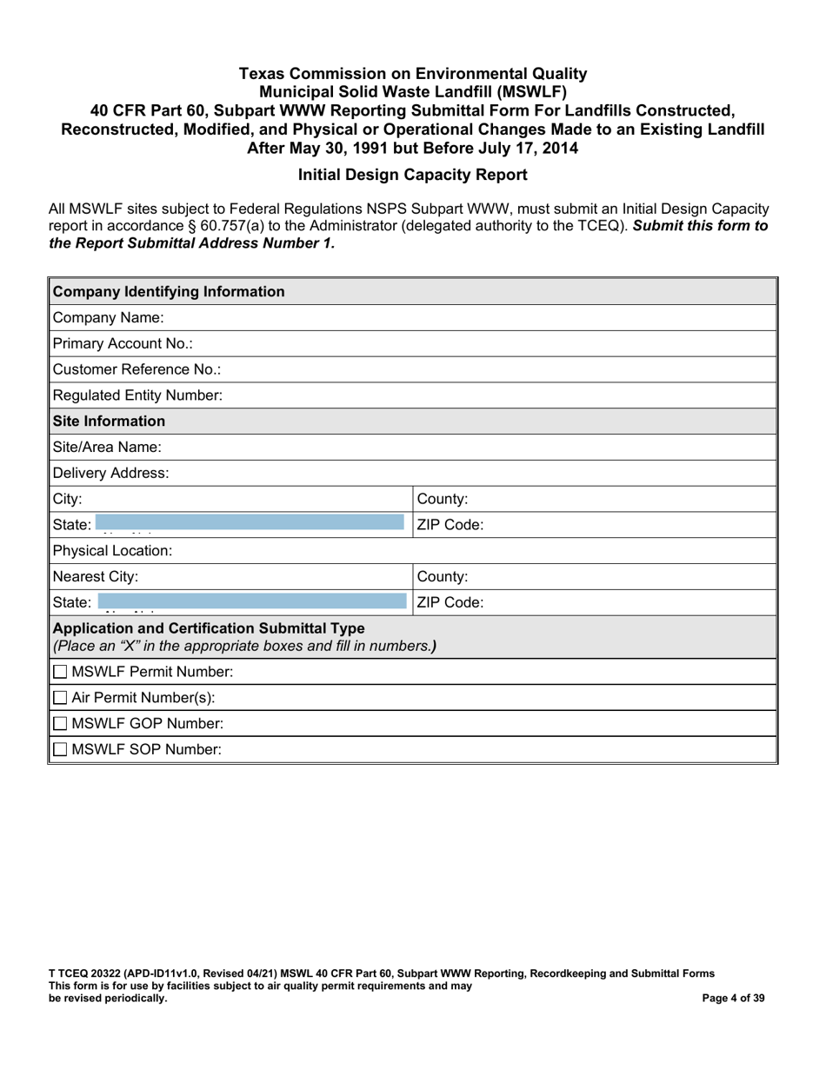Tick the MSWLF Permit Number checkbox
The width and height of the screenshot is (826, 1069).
60,672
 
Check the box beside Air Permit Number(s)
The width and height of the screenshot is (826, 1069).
60,698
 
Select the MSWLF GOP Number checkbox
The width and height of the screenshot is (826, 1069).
60,724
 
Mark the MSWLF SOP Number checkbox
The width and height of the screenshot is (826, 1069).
60,749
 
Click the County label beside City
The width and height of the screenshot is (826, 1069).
443,500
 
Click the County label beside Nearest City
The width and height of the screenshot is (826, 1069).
443,576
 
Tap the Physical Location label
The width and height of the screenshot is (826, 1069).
113,551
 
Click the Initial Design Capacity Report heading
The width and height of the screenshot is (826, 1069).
412,175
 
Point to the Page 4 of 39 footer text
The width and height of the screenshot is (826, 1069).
733,998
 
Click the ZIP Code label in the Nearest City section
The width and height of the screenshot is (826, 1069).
450,601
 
